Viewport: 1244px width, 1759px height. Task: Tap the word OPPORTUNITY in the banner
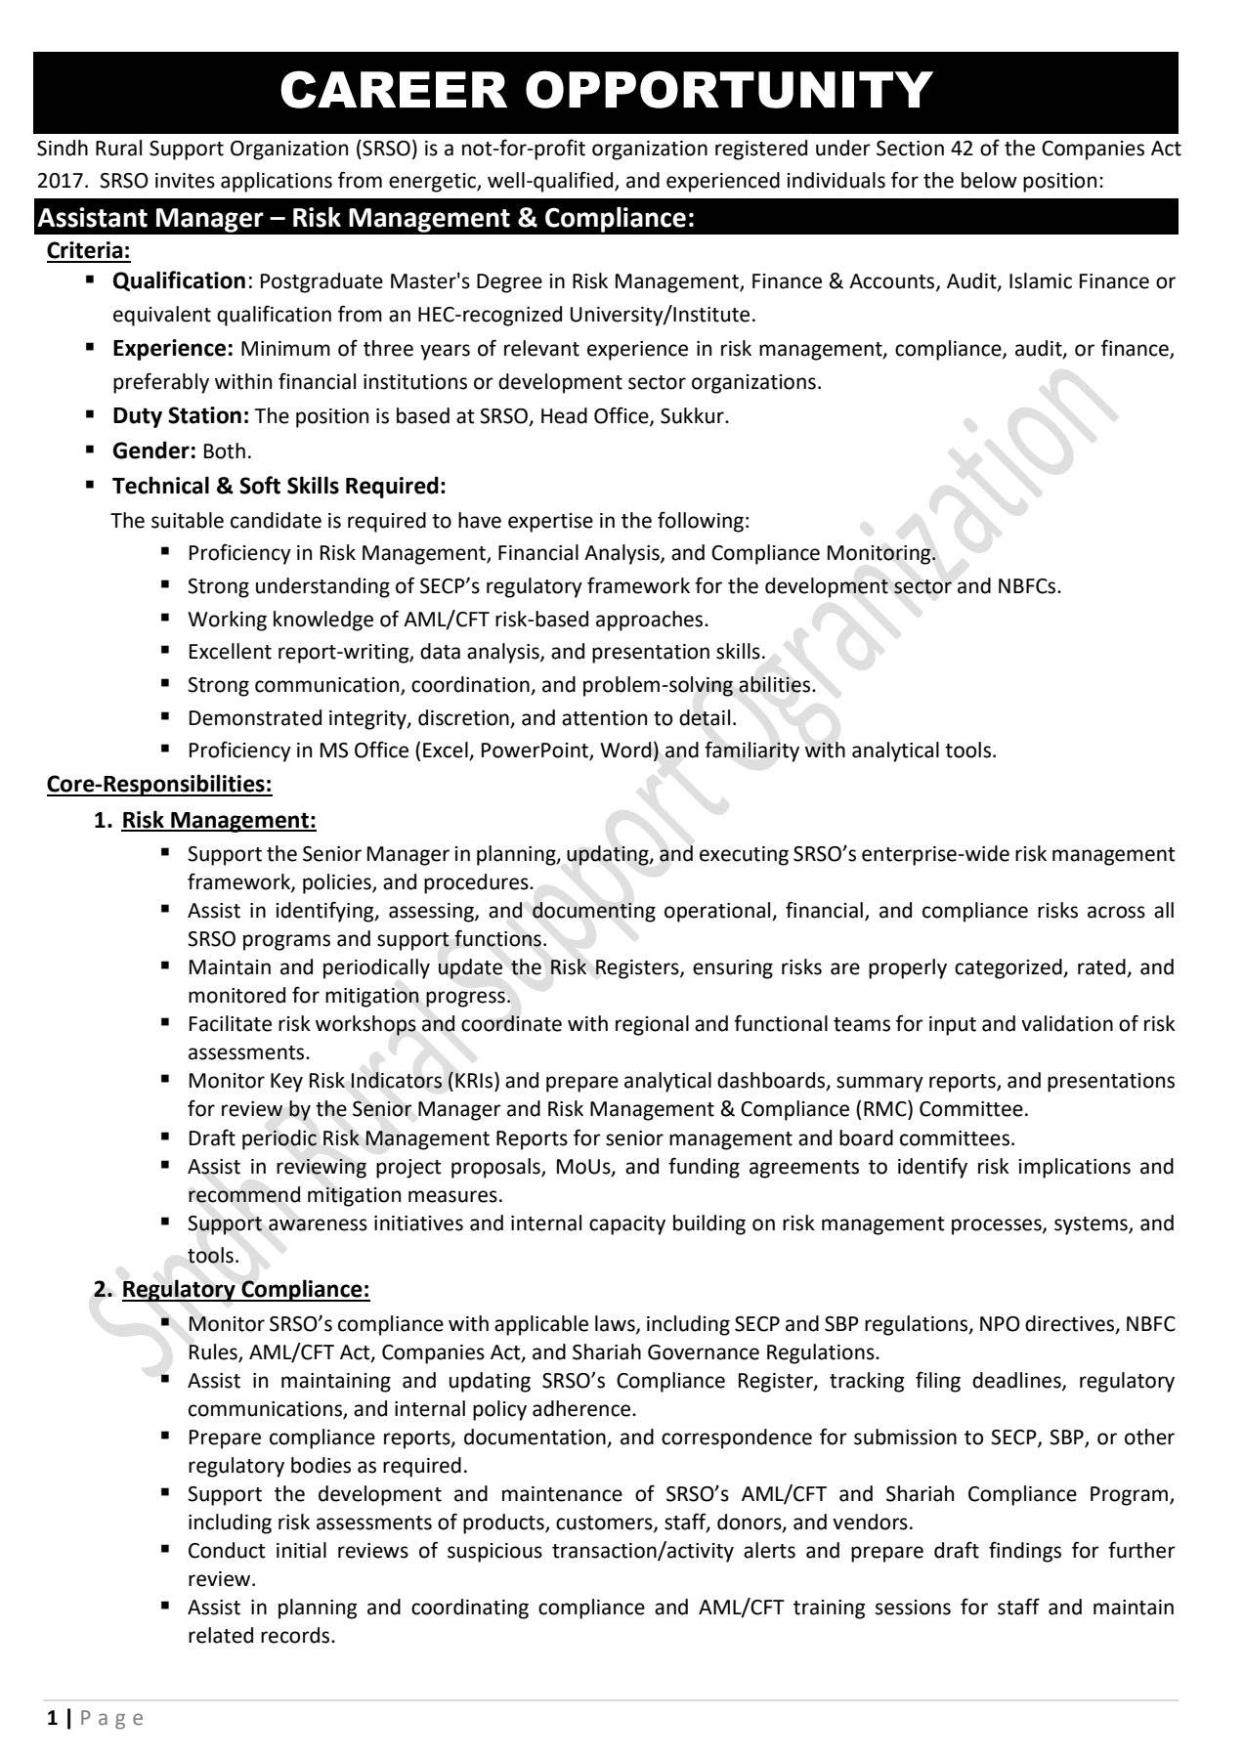tap(729, 91)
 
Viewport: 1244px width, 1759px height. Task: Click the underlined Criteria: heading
tap(88, 251)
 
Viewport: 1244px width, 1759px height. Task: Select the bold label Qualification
tap(179, 281)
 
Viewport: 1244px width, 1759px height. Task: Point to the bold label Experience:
tap(173, 349)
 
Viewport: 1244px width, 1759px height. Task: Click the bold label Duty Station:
tap(181, 415)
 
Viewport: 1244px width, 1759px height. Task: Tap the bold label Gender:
tap(154, 450)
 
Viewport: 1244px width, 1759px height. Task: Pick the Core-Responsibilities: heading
tap(159, 784)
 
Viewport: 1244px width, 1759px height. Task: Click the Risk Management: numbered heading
tap(219, 820)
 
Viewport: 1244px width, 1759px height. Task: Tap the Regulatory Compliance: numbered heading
tap(245, 1289)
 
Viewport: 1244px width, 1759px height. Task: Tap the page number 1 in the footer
tap(53, 1718)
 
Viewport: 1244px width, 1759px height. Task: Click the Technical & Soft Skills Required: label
tap(279, 486)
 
